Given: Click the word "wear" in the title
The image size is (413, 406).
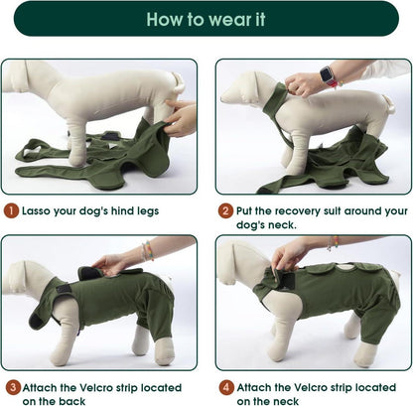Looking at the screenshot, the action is click(x=229, y=20).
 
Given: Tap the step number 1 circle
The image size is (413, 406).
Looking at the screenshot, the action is click(x=12, y=210).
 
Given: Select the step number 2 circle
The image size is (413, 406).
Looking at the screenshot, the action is click(x=225, y=210).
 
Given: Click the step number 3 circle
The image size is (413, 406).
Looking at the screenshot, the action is click(x=13, y=387).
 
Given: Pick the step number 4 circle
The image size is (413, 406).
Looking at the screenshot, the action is click(x=226, y=387).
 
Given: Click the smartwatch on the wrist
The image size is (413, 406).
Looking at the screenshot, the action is click(x=327, y=75).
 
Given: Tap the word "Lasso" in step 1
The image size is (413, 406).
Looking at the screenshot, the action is click(x=36, y=210).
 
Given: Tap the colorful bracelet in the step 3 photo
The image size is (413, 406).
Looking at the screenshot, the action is click(x=148, y=250).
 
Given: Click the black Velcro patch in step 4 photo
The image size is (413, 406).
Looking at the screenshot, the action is click(x=286, y=280).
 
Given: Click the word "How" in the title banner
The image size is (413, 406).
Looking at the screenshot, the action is click(x=164, y=20).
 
